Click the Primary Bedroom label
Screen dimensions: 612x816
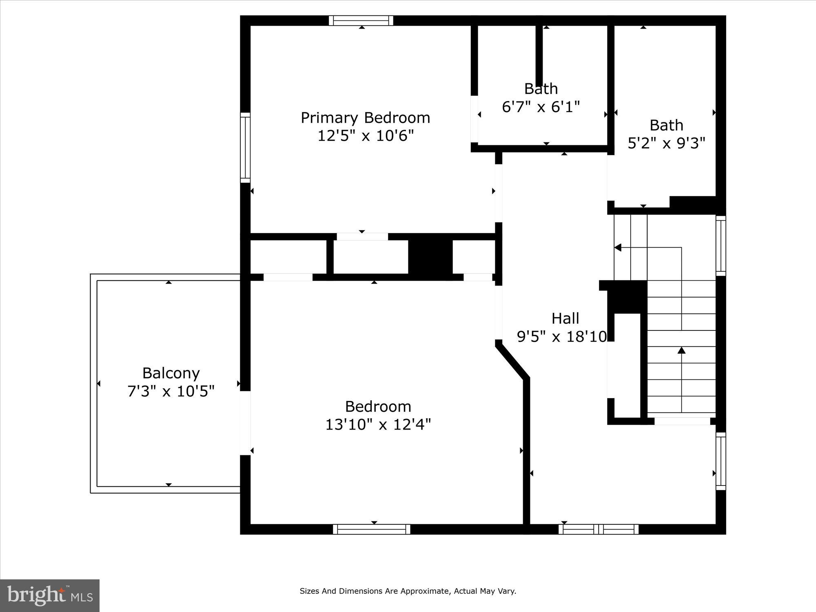[365, 118]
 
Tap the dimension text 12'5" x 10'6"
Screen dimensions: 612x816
[365, 136]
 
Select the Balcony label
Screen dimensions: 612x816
[171, 373]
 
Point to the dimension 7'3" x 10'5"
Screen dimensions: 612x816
[171, 392]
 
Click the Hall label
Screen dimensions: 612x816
[565, 319]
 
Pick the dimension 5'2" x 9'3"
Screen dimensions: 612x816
[666, 143]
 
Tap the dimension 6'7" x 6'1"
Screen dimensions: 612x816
[541, 107]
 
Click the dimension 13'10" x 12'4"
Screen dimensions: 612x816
[378, 425]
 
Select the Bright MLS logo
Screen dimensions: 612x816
[49, 596]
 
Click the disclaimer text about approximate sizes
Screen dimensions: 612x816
[408, 591]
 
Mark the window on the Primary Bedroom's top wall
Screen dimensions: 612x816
[361, 20]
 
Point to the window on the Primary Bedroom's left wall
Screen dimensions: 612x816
[245, 148]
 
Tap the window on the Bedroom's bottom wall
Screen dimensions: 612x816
[372, 529]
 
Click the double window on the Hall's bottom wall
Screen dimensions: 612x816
[598, 529]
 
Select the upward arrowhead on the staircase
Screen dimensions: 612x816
[681, 350]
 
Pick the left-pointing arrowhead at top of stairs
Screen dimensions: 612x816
[618, 248]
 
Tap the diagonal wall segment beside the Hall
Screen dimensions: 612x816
[512, 361]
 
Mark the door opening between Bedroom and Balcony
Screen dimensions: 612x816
[245, 423]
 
